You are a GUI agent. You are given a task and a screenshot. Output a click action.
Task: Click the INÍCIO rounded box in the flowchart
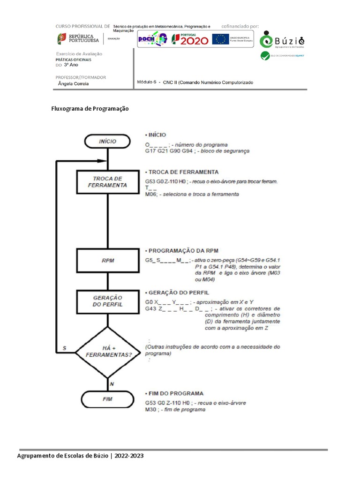107,141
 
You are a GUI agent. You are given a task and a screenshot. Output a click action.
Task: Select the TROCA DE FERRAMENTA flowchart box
107,182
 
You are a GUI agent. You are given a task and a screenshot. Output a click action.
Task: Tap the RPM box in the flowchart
107,260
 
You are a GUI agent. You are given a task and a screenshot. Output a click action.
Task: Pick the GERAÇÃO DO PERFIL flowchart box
107,301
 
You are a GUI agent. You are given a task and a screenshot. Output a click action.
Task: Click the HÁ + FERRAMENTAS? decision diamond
108,352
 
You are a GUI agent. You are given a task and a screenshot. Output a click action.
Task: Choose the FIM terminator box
107,399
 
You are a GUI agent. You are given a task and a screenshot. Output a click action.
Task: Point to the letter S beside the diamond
64,348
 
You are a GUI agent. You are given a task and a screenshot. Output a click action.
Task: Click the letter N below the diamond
112,383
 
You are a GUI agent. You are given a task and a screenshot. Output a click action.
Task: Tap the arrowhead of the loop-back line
104,161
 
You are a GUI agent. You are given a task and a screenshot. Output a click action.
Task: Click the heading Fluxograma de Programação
90,109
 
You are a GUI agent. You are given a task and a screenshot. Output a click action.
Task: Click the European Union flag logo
220,39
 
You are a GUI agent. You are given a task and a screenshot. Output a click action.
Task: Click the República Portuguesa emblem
61,39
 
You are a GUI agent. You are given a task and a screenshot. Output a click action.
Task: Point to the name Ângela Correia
73,84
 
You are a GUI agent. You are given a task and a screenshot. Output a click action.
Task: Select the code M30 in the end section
150,410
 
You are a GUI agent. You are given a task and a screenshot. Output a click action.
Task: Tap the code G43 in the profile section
150,309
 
